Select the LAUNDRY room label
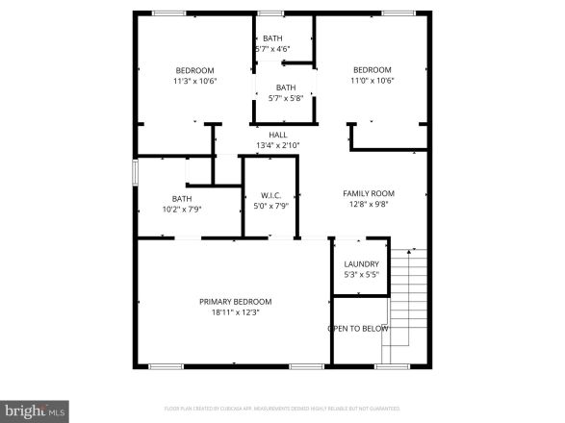point(361,263)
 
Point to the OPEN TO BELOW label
point(358,329)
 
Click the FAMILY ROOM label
point(369,193)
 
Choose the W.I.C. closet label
point(270,195)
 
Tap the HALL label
point(278,135)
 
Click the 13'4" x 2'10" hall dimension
point(278,145)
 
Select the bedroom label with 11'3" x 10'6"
point(194,70)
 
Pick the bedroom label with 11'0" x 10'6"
point(372,69)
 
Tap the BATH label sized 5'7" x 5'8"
point(285,87)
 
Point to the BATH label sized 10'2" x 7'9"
point(182,199)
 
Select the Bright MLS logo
point(35,411)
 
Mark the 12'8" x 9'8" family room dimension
point(369,204)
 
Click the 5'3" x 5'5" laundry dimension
point(361,274)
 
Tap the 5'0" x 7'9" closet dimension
point(270,206)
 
